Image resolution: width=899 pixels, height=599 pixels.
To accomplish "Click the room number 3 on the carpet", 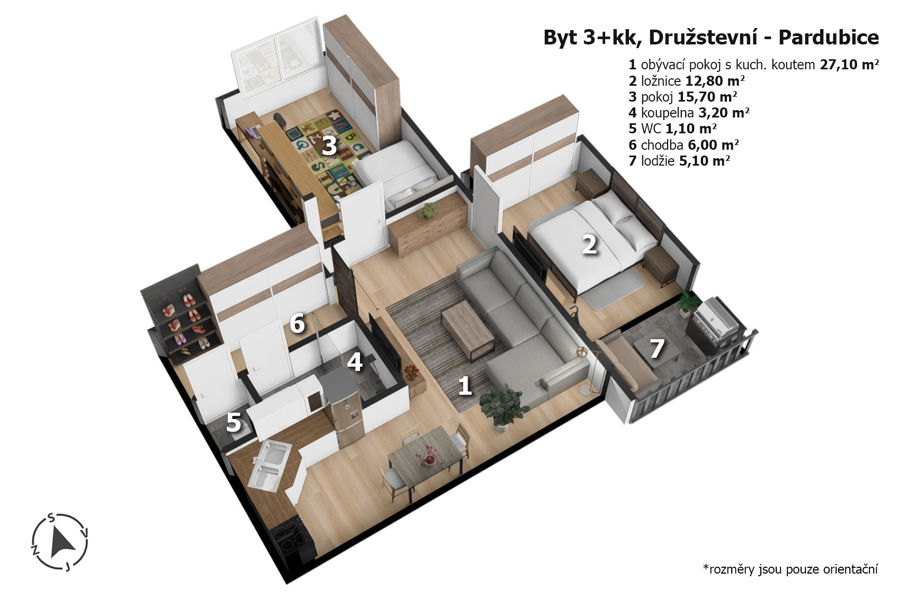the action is tap(329, 146).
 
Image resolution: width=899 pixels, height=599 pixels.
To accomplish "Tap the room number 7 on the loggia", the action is tap(657, 348).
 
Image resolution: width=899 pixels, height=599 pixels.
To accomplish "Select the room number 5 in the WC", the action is tap(233, 422).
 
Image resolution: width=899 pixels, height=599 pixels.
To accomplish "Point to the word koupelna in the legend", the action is tap(668, 113).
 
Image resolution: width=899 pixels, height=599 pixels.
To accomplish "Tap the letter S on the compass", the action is tap(51, 517).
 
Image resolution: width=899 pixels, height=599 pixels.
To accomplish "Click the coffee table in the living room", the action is tap(468, 328).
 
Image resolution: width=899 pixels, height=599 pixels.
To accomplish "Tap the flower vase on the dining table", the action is tap(428, 457).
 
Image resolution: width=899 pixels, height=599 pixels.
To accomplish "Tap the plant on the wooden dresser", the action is tap(427, 210).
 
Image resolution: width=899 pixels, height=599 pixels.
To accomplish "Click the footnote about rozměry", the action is tap(790, 569).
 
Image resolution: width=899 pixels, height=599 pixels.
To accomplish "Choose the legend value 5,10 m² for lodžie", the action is tap(705, 161).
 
